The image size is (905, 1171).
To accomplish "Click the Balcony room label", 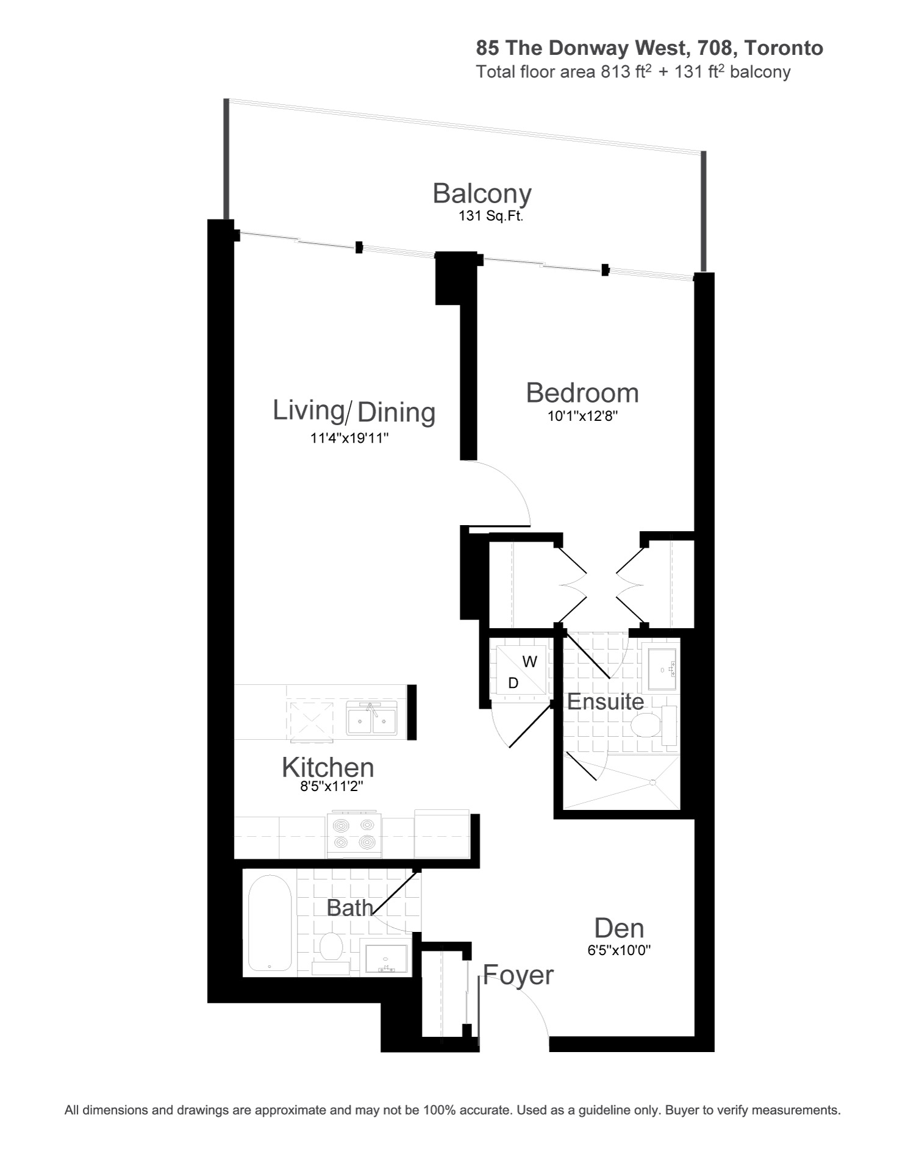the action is click(482, 193).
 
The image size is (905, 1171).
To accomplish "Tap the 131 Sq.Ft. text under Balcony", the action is click(491, 216).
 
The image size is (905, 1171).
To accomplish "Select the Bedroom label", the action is click(582, 393).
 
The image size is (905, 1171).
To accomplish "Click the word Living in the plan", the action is click(309, 410).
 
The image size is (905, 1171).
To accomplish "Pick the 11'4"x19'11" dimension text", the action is click(349, 438).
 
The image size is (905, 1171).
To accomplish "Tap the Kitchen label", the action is click(328, 767).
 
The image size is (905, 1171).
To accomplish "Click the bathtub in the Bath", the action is click(270, 923).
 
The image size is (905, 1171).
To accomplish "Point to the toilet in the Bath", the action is click(331, 952).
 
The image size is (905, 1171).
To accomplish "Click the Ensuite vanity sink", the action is click(662, 669).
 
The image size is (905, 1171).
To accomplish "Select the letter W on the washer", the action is click(530, 662).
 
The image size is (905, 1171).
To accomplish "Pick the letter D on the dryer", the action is click(513, 683).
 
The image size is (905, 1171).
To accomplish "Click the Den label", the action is click(619, 928).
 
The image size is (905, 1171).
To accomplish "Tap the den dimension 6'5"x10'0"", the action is click(620, 950).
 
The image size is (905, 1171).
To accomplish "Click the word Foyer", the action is click(518, 975).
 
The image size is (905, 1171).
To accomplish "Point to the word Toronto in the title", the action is click(784, 48).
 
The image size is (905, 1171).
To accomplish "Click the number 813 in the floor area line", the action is click(615, 72).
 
